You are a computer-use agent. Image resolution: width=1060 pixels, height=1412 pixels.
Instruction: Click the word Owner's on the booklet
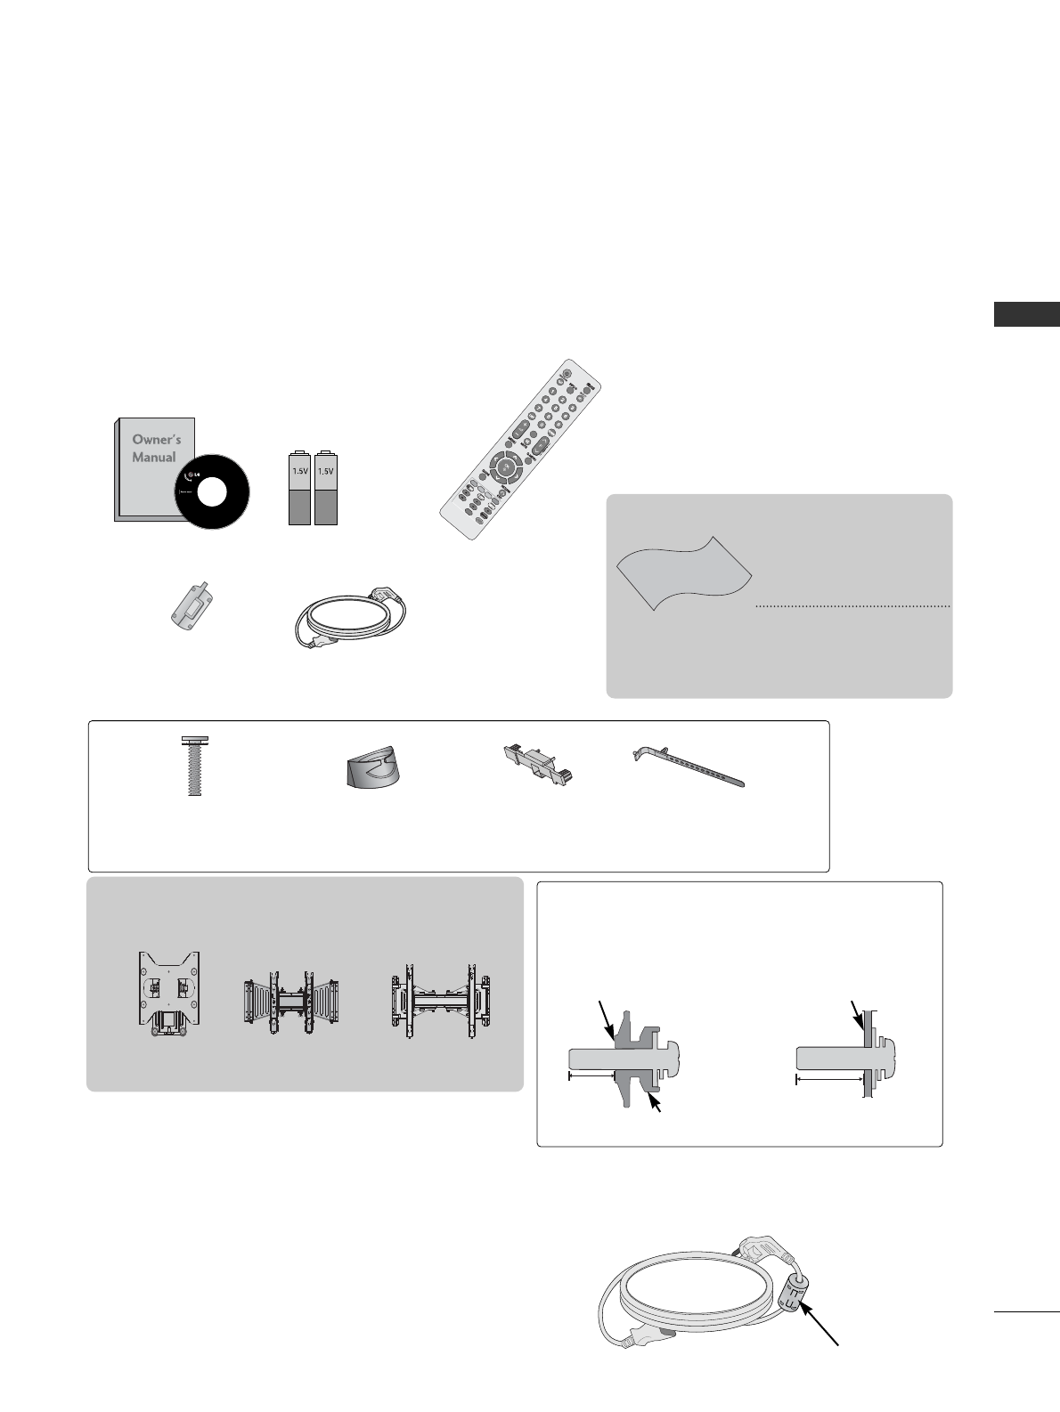156,440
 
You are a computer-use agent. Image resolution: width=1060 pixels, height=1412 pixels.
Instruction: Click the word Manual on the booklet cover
154,458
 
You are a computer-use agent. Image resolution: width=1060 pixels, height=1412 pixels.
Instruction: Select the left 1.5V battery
299,488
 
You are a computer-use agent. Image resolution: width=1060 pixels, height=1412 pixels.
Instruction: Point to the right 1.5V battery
326,488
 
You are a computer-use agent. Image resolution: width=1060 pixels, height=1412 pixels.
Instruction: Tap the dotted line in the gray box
852,606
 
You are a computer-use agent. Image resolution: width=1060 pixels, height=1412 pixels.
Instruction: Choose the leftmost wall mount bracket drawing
168,994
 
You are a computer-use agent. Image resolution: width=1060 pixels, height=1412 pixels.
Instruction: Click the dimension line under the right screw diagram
829,1079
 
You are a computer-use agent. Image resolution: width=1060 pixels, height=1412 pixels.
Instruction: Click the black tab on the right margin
1027,315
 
